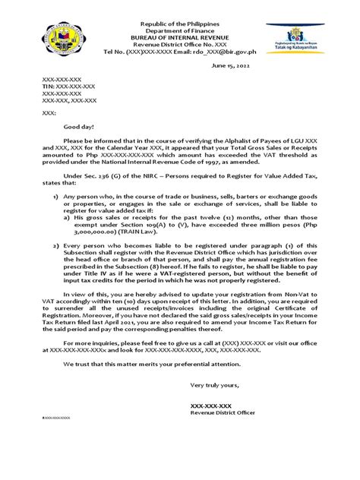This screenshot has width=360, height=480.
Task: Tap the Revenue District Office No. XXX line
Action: tap(180, 33)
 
